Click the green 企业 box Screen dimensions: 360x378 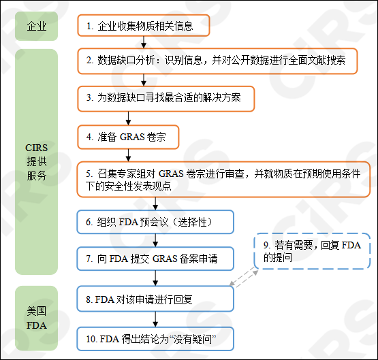(37, 27)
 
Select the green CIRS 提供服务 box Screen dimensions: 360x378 (37, 161)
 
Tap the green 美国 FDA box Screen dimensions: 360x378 (37, 318)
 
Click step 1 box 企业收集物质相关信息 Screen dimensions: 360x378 (143, 27)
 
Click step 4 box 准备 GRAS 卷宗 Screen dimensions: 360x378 (129, 137)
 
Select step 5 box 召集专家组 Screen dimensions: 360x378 (223, 180)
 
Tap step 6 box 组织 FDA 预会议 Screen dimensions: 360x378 (155, 222)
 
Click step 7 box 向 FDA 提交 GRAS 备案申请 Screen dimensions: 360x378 (155, 259)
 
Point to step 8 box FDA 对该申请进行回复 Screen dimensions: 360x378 (155, 299)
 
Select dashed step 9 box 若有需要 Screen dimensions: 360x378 (311, 252)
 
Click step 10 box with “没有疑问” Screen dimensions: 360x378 (155, 338)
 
